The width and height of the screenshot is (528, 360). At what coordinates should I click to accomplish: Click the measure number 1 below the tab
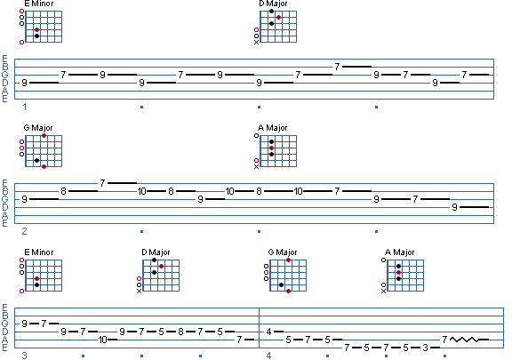tap(25, 107)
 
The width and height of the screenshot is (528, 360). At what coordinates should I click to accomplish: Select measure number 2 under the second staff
tap(24, 231)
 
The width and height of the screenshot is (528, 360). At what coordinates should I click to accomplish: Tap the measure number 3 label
tap(24, 356)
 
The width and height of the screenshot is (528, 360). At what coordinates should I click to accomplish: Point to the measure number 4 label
tap(268, 356)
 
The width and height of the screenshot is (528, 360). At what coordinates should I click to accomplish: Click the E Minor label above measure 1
tap(39, 4)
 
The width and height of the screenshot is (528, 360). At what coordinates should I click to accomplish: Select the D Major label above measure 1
tap(273, 4)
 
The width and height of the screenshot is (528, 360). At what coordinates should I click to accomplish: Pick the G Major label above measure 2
tap(38, 128)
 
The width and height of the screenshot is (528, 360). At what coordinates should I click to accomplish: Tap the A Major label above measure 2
tap(272, 128)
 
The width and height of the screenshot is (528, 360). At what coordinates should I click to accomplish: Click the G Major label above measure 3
tap(283, 252)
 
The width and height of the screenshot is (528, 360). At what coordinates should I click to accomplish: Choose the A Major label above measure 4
tap(400, 252)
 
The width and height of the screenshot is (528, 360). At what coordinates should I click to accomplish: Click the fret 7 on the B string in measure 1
tap(337, 67)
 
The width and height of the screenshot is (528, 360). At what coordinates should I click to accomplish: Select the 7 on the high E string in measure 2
tap(102, 183)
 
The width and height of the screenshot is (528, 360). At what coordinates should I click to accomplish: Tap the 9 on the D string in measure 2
tap(454, 207)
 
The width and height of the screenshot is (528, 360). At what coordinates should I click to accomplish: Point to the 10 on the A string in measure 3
tap(103, 340)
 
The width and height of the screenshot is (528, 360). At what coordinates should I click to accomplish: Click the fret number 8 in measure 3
tap(180, 332)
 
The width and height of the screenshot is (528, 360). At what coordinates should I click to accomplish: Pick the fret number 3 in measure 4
tap(425, 348)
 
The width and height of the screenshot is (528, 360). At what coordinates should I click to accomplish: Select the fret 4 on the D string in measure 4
tap(268, 332)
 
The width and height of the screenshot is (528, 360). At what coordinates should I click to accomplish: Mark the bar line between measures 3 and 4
tap(259, 328)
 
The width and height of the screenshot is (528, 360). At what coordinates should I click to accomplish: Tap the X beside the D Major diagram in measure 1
tap(256, 43)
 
